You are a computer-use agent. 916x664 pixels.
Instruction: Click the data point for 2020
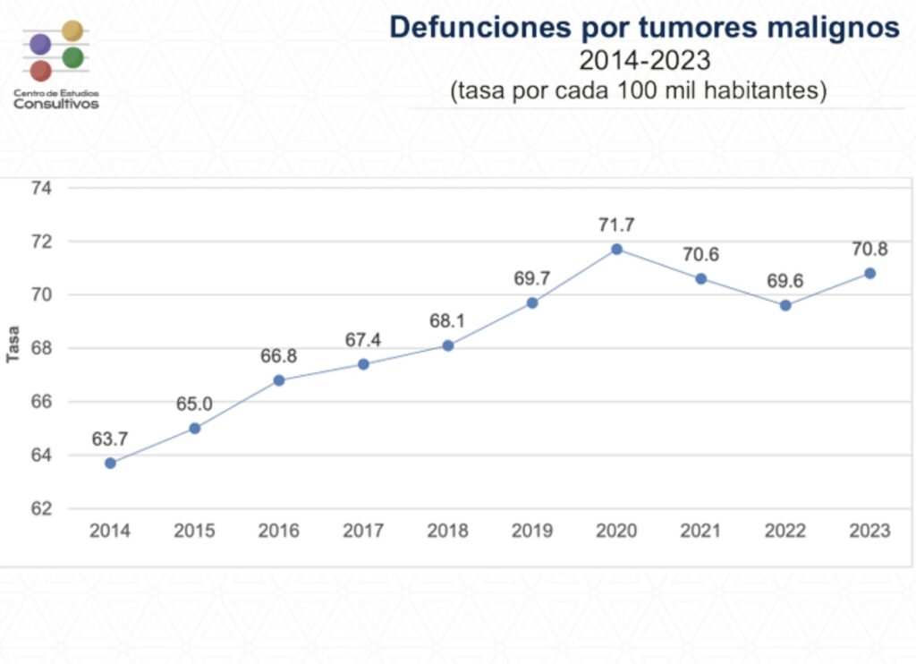(x=616, y=249)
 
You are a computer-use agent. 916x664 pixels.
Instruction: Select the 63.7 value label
(x=110, y=439)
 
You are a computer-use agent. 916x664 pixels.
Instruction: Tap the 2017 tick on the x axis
(x=363, y=531)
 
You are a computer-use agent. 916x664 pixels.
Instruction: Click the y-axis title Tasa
(x=13, y=347)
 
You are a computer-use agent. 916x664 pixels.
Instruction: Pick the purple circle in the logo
(x=39, y=44)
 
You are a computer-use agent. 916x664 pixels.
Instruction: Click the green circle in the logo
(x=73, y=57)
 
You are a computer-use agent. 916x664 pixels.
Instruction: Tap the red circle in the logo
(x=40, y=71)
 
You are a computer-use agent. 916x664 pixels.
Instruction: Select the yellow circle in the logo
(x=73, y=31)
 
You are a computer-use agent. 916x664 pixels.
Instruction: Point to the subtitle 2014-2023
(x=644, y=60)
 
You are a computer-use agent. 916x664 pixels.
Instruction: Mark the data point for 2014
(x=110, y=463)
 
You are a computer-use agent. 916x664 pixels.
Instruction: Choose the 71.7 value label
(x=616, y=225)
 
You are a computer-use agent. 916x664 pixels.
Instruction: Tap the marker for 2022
(x=785, y=305)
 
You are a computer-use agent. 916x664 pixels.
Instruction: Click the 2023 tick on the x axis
(x=869, y=531)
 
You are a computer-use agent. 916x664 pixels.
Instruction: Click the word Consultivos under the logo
(x=56, y=104)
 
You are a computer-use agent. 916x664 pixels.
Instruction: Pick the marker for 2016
(x=279, y=380)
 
